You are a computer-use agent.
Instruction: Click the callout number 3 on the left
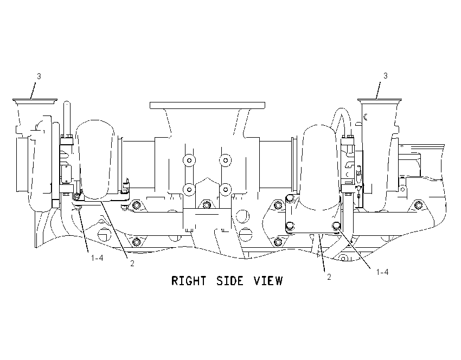coord(39,76)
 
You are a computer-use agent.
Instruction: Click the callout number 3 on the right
coord(386,76)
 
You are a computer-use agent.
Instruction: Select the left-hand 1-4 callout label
coord(97,258)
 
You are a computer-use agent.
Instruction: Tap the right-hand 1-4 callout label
coord(382,272)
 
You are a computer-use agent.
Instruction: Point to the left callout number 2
coord(132,263)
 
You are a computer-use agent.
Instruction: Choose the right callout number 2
coord(329,277)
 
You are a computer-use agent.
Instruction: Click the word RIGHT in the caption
coord(189,281)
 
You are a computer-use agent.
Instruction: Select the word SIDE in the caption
coord(230,281)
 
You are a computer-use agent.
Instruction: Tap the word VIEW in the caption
coord(268,281)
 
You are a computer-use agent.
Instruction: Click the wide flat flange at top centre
coord(207,105)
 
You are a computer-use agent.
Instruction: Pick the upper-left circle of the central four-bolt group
coord(189,160)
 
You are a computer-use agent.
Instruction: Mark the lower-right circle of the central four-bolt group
coord(225,190)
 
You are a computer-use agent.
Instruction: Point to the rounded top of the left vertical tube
coord(67,103)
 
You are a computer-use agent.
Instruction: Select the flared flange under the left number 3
coord(35,101)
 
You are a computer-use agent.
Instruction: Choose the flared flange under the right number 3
coord(380,101)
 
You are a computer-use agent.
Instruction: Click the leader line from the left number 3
coord(33,90)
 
